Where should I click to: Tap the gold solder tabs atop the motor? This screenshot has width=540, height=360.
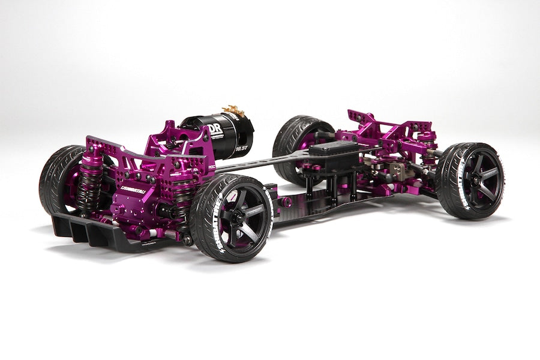[x=231, y=112]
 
